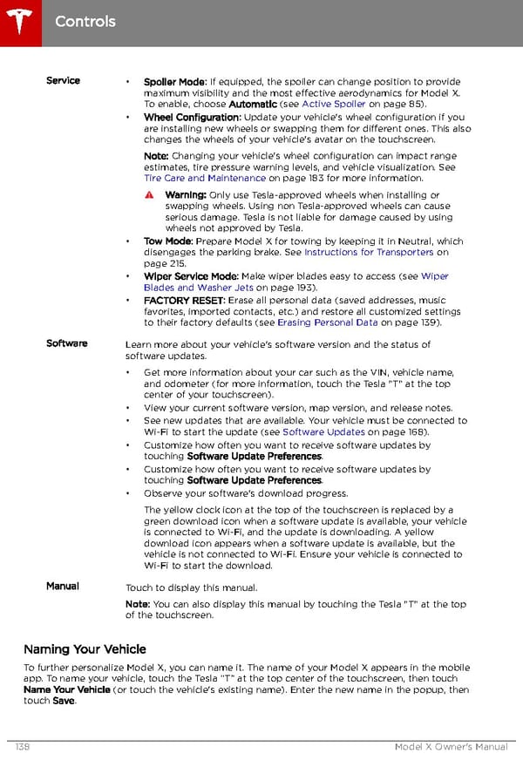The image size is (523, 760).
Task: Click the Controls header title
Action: pyautogui.click(x=85, y=21)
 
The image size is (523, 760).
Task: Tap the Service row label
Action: pyautogui.click(x=63, y=80)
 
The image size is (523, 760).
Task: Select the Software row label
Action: pyautogui.click(x=66, y=343)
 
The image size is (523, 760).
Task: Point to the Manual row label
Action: pyautogui.click(x=63, y=587)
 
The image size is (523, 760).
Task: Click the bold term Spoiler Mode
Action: pyautogui.click(x=174, y=81)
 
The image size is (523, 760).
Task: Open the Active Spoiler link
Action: pyautogui.click(x=334, y=105)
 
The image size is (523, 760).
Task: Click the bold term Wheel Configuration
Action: pyautogui.click(x=192, y=118)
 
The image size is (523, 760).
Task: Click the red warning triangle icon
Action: pyautogui.click(x=150, y=195)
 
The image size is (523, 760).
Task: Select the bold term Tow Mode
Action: pyautogui.click(x=167, y=241)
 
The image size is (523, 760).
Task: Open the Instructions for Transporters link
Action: pyautogui.click(x=369, y=253)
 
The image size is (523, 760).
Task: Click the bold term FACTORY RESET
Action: pyautogui.click(x=184, y=300)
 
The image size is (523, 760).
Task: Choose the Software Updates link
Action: pyautogui.click(x=323, y=432)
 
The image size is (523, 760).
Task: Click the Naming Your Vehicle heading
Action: pyautogui.click(x=85, y=649)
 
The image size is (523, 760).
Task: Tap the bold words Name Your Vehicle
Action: pyautogui.click(x=67, y=689)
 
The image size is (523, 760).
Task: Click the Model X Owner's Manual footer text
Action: pyautogui.click(x=452, y=748)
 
